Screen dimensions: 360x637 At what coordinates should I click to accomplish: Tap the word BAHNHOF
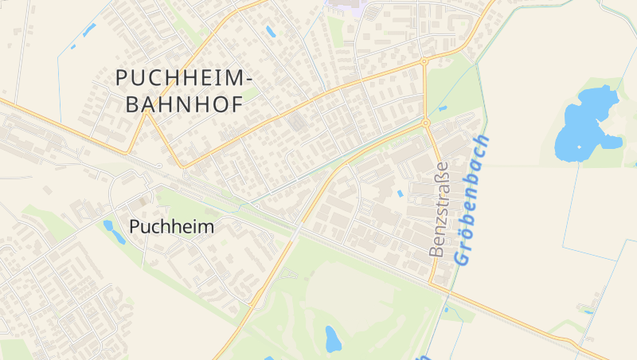pyautogui.click(x=180, y=104)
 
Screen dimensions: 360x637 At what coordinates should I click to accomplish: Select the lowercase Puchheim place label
pyautogui.click(x=171, y=227)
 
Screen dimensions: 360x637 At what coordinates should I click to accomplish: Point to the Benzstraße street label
pyautogui.click(x=438, y=209)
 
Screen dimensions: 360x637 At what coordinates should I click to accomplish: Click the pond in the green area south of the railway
pyautogui.click(x=333, y=338)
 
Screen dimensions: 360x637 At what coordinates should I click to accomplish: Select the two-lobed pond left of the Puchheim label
pyautogui.click(x=109, y=229)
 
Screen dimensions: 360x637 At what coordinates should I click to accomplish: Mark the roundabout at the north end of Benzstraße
pyautogui.click(x=426, y=123)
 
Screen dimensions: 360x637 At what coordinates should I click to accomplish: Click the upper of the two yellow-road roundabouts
pyautogui.click(x=424, y=61)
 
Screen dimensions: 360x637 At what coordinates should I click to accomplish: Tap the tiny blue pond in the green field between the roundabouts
pyautogui.click(x=442, y=108)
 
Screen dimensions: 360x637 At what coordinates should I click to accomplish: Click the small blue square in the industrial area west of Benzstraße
pyautogui.click(x=400, y=193)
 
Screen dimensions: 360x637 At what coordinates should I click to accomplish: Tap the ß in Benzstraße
pyautogui.click(x=438, y=175)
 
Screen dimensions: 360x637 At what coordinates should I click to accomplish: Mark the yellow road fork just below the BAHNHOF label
pyautogui.click(x=148, y=112)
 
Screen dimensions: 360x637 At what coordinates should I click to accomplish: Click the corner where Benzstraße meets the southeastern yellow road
pyautogui.click(x=432, y=284)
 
